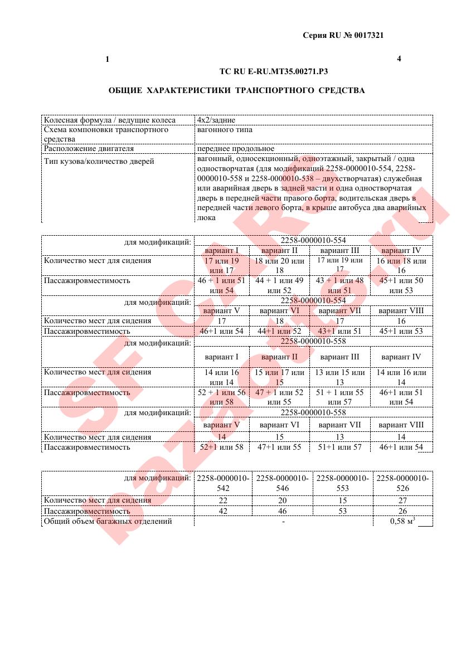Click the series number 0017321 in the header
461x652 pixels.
pos(369,35)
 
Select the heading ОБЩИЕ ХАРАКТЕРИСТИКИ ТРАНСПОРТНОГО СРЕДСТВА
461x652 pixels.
pos(236,90)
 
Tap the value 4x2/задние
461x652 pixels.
pos(216,120)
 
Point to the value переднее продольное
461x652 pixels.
pos(235,149)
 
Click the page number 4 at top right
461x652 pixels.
pos(399,59)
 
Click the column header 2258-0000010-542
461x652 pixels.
pos(222,483)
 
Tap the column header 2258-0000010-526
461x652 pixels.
pos(402,483)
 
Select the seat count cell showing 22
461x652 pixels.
pos(222,500)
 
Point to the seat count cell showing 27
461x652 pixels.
pos(402,500)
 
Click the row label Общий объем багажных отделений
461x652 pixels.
pos(108,522)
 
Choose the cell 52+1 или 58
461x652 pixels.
pos(221,447)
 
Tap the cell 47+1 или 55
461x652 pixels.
pos(282,447)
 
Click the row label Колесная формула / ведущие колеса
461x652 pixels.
pos(109,120)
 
